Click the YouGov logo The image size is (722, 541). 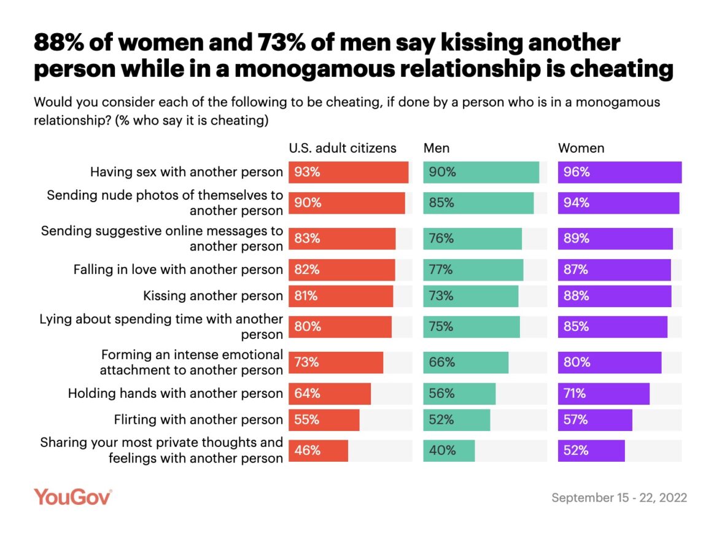[72, 496]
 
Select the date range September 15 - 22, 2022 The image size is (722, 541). [619, 497]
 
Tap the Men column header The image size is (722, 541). [437, 148]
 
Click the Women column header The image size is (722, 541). [581, 148]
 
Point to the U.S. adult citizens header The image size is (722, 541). [343, 148]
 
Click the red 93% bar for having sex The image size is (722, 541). [348, 173]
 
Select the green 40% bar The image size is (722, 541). [449, 450]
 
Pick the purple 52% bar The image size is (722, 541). [591, 450]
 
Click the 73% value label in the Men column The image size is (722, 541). [441, 296]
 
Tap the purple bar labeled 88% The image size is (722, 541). [615, 296]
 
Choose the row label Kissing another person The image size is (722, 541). [213, 296]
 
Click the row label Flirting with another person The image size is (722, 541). [198, 420]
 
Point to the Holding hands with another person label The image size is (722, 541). [176, 394]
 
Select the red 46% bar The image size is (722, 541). [318, 450]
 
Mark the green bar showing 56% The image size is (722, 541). [459, 394]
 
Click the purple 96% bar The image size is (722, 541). [619, 173]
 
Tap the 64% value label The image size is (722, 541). [307, 394]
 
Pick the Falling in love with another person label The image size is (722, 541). [178, 270]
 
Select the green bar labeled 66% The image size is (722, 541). [465, 362]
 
